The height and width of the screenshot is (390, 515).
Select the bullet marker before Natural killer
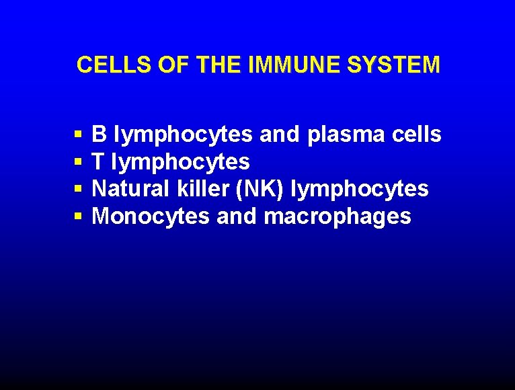pyautogui.click(x=79, y=190)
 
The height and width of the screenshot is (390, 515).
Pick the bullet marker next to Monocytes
pyautogui.click(x=79, y=217)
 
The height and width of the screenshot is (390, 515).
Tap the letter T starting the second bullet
pyautogui.click(x=99, y=162)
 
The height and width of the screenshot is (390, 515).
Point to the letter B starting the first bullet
pyautogui.click(x=99, y=135)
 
